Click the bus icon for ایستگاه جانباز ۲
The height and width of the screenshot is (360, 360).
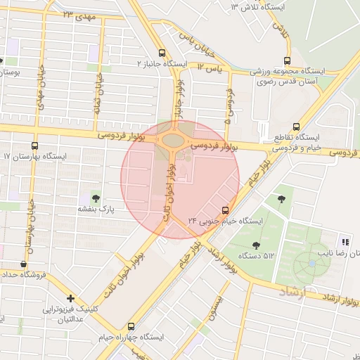162,53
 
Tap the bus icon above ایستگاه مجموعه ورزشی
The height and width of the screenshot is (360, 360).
286,60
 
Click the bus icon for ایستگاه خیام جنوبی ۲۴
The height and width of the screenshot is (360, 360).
226,210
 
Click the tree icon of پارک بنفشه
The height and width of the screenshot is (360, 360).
96,198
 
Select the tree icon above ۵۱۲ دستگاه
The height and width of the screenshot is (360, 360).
255,245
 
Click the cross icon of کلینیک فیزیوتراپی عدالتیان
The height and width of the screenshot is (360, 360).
70,298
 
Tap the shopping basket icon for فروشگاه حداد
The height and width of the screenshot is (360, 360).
25,264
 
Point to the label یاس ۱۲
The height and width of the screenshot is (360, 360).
209,67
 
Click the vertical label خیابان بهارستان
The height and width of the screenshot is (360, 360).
30,226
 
